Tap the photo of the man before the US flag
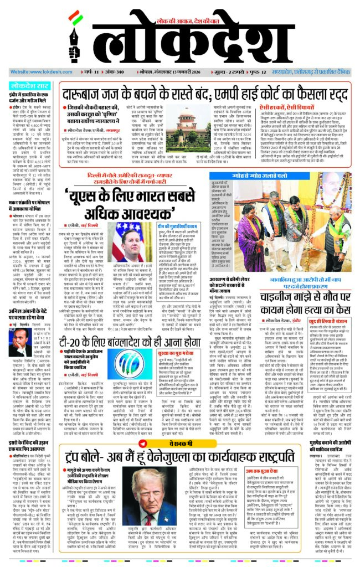point(127,242)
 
